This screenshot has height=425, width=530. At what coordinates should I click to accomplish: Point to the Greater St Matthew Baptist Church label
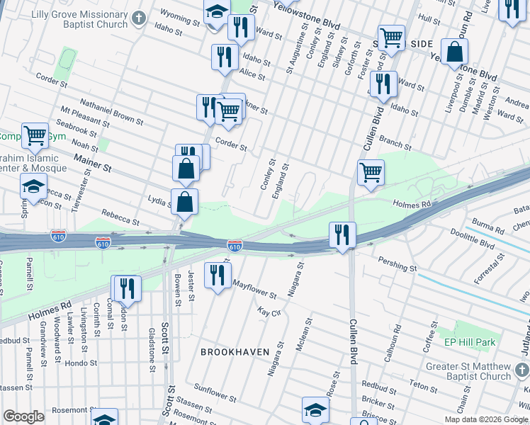tap(468, 371)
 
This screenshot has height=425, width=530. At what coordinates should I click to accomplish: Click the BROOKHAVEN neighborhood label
tap(232, 351)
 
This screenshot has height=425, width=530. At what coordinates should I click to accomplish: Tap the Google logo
tap(24, 416)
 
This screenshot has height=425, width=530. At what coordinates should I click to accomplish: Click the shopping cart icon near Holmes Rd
tap(371, 172)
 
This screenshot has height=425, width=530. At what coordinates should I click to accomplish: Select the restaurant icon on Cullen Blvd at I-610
tap(342, 234)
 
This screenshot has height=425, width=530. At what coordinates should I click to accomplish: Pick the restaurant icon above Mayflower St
tap(218, 273)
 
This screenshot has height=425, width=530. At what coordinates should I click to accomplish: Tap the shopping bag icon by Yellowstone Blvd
tap(453, 52)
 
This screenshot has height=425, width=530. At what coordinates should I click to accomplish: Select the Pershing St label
tap(397, 267)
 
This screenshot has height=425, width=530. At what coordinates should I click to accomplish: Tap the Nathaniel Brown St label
tap(111, 112)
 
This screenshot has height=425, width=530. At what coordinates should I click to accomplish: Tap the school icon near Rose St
tap(316, 409)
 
